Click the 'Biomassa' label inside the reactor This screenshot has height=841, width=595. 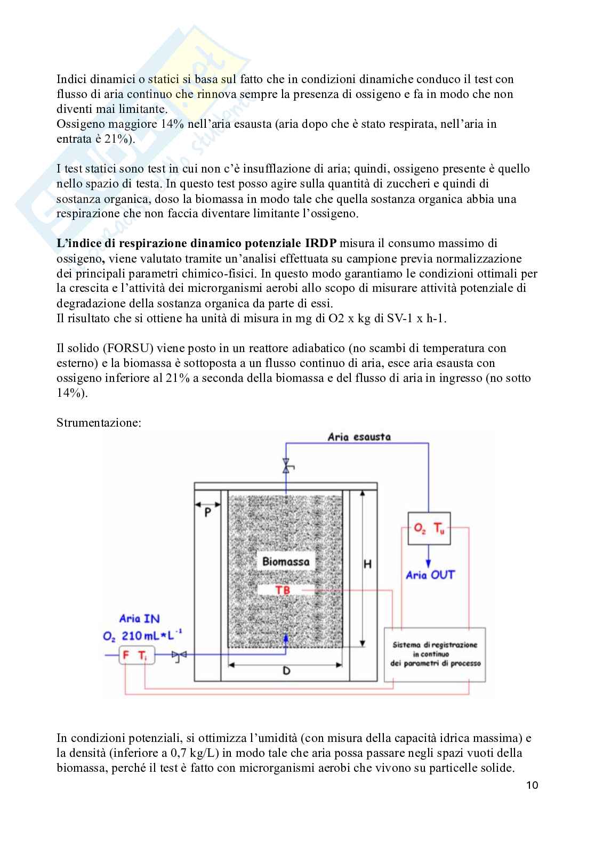pos(286,561)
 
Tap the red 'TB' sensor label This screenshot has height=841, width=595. pos(283,590)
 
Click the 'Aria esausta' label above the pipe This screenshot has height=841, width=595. pos(359,437)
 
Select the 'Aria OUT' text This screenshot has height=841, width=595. pos(430,575)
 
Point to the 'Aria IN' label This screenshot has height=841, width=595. pos(139,619)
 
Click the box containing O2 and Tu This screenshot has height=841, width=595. pos(429,529)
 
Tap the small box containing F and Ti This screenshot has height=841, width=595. pos(136,656)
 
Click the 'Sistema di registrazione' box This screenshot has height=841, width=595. pos(435,655)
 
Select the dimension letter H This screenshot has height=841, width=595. pos(367,564)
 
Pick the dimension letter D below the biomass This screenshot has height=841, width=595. pos(286,671)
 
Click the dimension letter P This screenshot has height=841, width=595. pos(207,512)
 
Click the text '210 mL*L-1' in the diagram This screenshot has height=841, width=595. pos(152,636)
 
